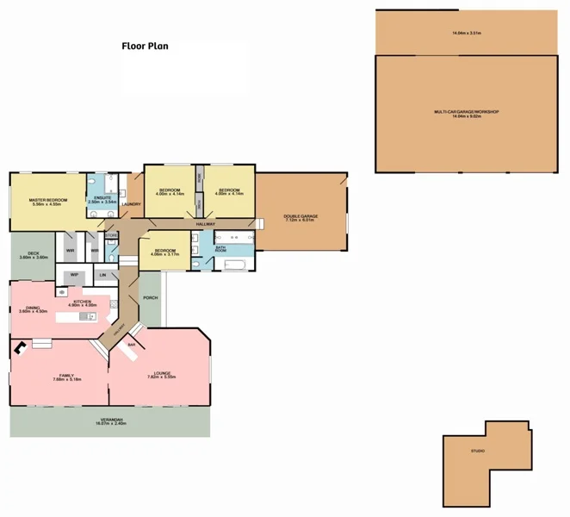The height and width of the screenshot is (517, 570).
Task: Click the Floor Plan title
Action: [x=144, y=46]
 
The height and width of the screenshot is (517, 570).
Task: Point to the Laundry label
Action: [x=132, y=204]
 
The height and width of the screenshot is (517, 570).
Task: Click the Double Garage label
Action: [x=300, y=216]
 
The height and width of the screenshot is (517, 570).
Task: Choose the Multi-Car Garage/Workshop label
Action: [x=466, y=112]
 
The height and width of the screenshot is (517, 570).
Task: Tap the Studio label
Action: [x=477, y=452]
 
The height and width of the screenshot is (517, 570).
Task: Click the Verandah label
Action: [x=110, y=420]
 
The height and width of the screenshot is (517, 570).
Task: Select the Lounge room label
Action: [x=162, y=373]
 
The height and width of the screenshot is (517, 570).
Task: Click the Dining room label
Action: [x=35, y=308]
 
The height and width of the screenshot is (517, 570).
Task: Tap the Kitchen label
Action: [x=82, y=302]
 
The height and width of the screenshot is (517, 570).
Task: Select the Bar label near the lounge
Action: [x=131, y=345]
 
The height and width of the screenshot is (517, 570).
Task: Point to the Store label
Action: [x=112, y=234]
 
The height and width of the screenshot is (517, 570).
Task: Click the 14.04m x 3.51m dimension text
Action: [x=466, y=33]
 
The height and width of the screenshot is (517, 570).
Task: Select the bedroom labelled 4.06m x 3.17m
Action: [x=164, y=252]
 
